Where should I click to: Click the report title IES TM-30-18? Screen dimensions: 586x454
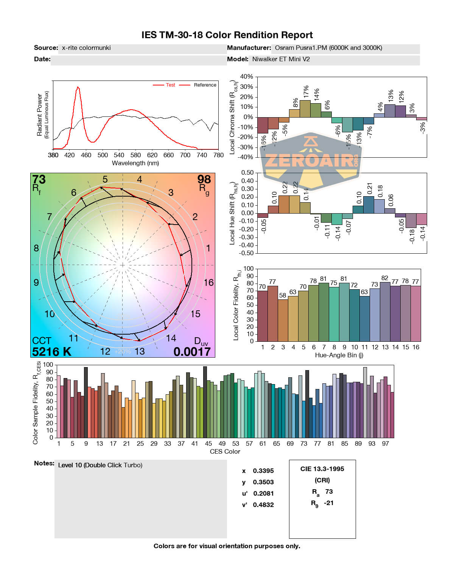coord(227,35)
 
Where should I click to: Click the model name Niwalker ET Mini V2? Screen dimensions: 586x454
coord(281,59)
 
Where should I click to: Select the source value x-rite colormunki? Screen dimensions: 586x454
coord(86,48)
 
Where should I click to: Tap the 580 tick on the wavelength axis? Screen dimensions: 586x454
coord(135,155)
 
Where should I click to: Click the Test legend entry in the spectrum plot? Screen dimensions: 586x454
coord(170,85)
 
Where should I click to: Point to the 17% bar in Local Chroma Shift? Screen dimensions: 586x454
coord(305,109)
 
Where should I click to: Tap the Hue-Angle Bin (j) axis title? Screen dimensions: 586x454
coord(339,355)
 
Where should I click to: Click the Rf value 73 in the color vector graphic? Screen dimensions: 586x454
coord(39,180)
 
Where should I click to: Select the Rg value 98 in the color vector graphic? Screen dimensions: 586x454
coord(204,179)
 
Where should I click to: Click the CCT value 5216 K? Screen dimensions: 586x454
coord(52,352)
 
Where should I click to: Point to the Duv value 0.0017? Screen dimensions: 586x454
coord(192,352)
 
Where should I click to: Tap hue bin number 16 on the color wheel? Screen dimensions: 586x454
coord(208,283)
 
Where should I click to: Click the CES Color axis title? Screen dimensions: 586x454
coord(225,451)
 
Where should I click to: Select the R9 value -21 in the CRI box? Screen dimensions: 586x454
coord(329,503)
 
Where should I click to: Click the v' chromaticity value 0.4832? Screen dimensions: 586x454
coord(263,505)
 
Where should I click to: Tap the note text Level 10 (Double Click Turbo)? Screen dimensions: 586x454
coord(100,465)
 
